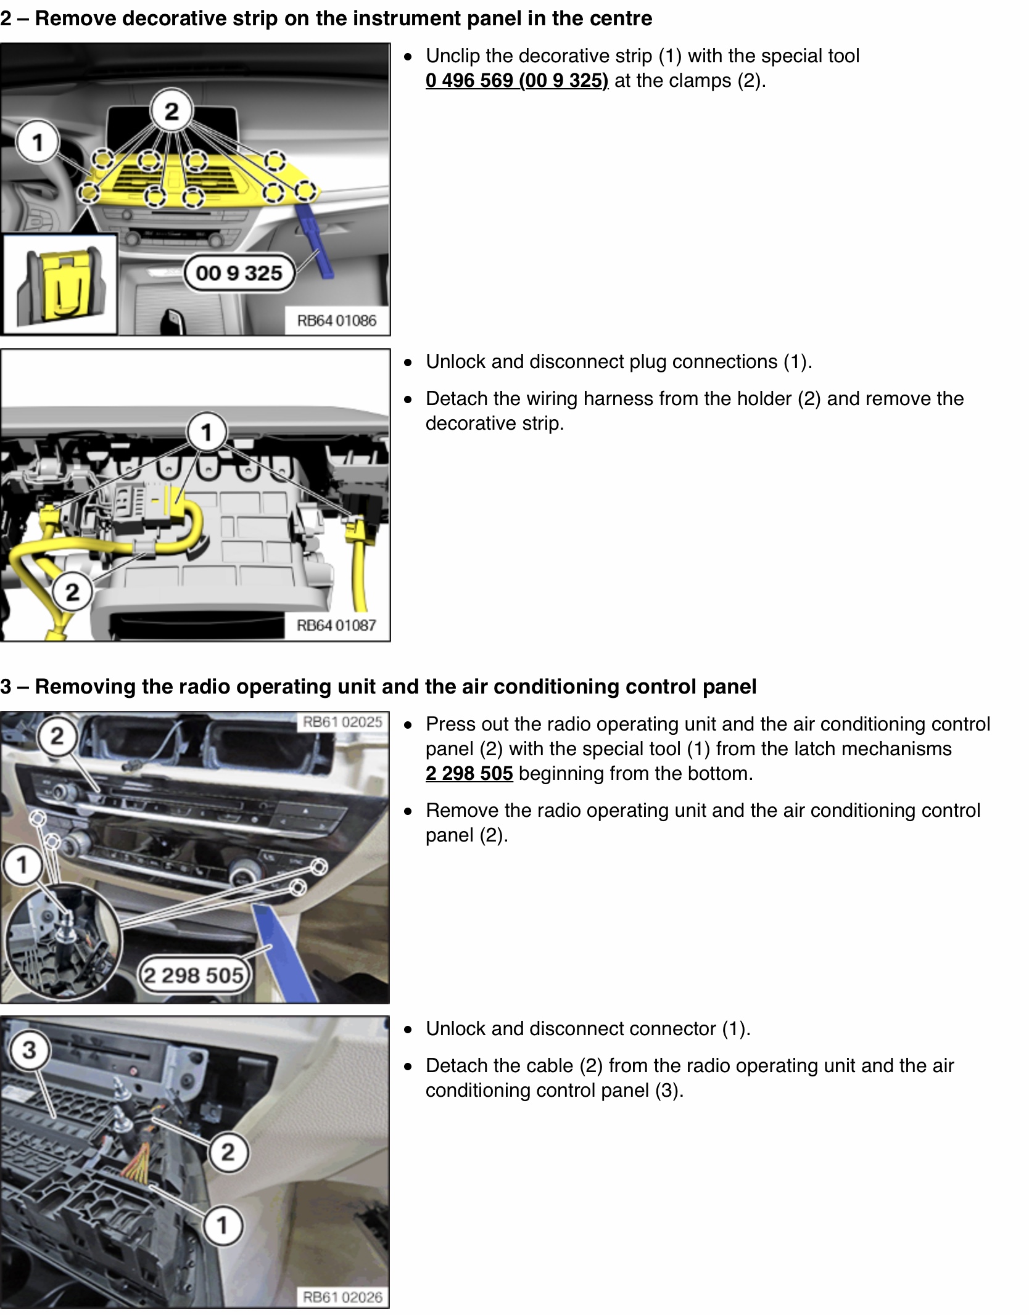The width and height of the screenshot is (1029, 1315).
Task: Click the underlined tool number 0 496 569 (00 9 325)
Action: click(516, 81)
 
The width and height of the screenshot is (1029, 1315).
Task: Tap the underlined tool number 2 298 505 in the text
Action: click(469, 773)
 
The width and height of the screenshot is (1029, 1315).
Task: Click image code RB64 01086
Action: click(337, 321)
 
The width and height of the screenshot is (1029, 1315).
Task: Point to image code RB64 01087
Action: click(337, 625)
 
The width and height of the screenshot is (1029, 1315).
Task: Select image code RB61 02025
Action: click(342, 722)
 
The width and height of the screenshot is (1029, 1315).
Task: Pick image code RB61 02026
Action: click(342, 1297)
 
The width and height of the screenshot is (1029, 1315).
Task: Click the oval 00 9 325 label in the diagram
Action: click(239, 272)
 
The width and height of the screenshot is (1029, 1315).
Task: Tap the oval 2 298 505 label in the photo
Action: click(194, 975)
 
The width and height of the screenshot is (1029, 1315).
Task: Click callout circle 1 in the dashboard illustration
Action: click(38, 142)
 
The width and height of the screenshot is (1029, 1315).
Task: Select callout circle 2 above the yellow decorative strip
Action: click(171, 110)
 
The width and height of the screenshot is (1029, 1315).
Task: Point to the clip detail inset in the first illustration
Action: click(60, 284)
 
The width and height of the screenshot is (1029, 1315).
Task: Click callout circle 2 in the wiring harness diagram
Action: click(72, 592)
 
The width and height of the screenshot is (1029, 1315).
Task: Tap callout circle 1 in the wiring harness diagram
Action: click(207, 432)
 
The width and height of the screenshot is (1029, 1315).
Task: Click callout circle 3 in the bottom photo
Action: click(29, 1050)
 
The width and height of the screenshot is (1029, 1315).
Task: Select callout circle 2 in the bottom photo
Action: click(228, 1152)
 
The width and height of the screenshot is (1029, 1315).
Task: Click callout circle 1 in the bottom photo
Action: click(223, 1225)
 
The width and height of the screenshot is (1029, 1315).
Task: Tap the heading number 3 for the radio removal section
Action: click(6, 687)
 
